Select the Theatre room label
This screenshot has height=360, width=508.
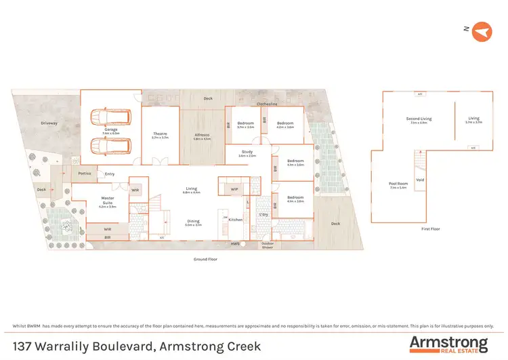point(160,135)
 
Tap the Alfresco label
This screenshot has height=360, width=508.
point(202,135)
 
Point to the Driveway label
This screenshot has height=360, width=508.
point(49,123)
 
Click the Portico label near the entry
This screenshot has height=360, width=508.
point(85,174)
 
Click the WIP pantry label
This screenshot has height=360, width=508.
point(234,189)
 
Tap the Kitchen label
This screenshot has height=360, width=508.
point(235,220)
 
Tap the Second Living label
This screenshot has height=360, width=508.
point(419,119)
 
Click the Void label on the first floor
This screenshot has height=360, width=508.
point(421,180)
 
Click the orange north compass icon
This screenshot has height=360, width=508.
point(481,31)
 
